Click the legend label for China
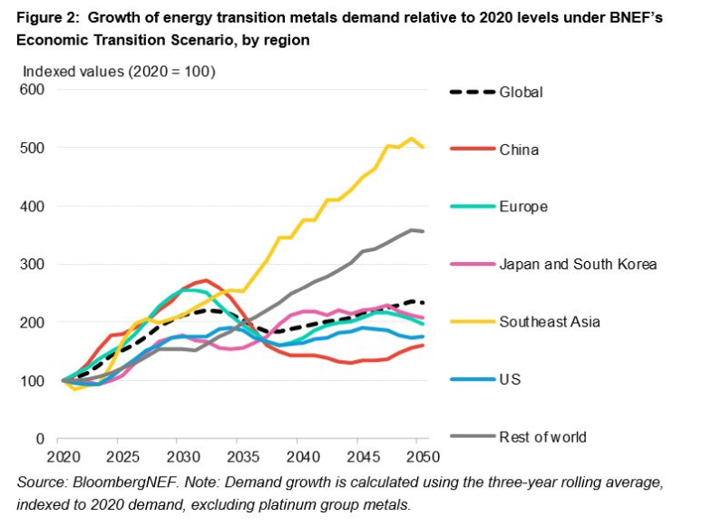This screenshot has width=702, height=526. click(519, 150)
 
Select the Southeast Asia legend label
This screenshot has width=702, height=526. click(550, 322)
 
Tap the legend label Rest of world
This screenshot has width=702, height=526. click(542, 437)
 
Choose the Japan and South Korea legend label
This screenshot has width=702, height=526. click(577, 264)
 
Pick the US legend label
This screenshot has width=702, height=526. click(510, 379)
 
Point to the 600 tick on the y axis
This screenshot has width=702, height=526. click(33, 89)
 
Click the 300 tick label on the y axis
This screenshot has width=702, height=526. click(33, 264)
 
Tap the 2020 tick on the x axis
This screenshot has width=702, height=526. click(62, 456)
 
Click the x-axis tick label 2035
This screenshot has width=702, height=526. click(239, 456)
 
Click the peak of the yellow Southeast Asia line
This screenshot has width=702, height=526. click(412, 139)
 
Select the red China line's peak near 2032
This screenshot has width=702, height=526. click(208, 280)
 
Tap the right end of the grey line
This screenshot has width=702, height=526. click(421, 231)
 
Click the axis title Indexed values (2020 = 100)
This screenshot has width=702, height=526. click(119, 71)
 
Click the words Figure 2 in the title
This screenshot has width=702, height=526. click(41, 18)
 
